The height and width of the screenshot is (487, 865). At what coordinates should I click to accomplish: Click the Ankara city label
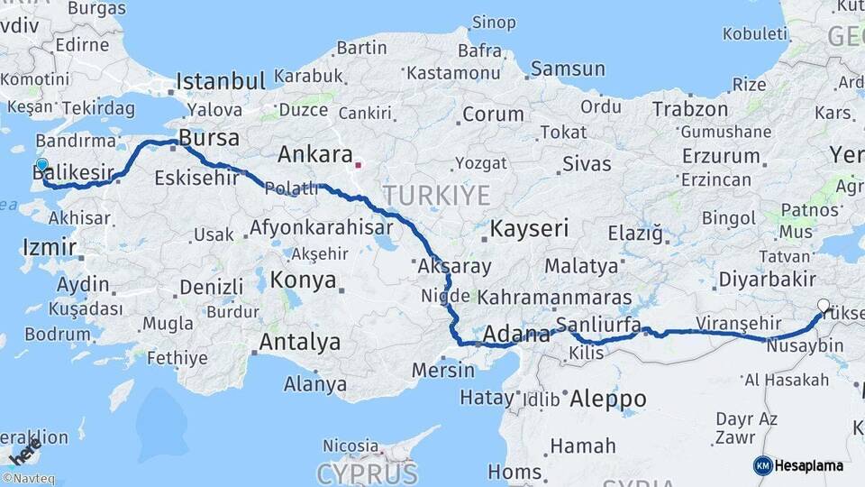(x=314, y=154)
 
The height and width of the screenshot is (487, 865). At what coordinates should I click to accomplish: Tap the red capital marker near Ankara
(x=359, y=165)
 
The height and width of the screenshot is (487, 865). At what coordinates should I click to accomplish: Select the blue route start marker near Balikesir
(x=41, y=165)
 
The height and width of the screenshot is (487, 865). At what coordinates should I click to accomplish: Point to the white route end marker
(x=823, y=305)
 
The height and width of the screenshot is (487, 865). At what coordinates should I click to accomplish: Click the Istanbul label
(x=221, y=81)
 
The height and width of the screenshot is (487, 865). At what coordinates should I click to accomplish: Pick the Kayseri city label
(x=529, y=228)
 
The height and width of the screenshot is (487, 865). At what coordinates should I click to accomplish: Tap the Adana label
(x=516, y=335)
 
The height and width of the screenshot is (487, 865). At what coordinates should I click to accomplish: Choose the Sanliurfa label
(x=599, y=325)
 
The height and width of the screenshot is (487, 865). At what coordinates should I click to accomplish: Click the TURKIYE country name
(x=436, y=195)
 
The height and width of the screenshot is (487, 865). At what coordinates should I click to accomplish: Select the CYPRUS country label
(x=367, y=473)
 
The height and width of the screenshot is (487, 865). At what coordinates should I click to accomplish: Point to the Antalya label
(x=300, y=343)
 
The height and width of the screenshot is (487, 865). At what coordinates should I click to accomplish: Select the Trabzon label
(x=689, y=109)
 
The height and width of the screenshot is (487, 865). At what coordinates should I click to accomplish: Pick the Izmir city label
(x=43, y=245)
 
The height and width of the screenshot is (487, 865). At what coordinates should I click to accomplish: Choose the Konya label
(x=304, y=279)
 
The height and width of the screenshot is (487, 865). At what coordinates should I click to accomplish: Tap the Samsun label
(x=568, y=69)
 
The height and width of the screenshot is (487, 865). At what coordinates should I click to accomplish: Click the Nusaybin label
(x=805, y=345)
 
